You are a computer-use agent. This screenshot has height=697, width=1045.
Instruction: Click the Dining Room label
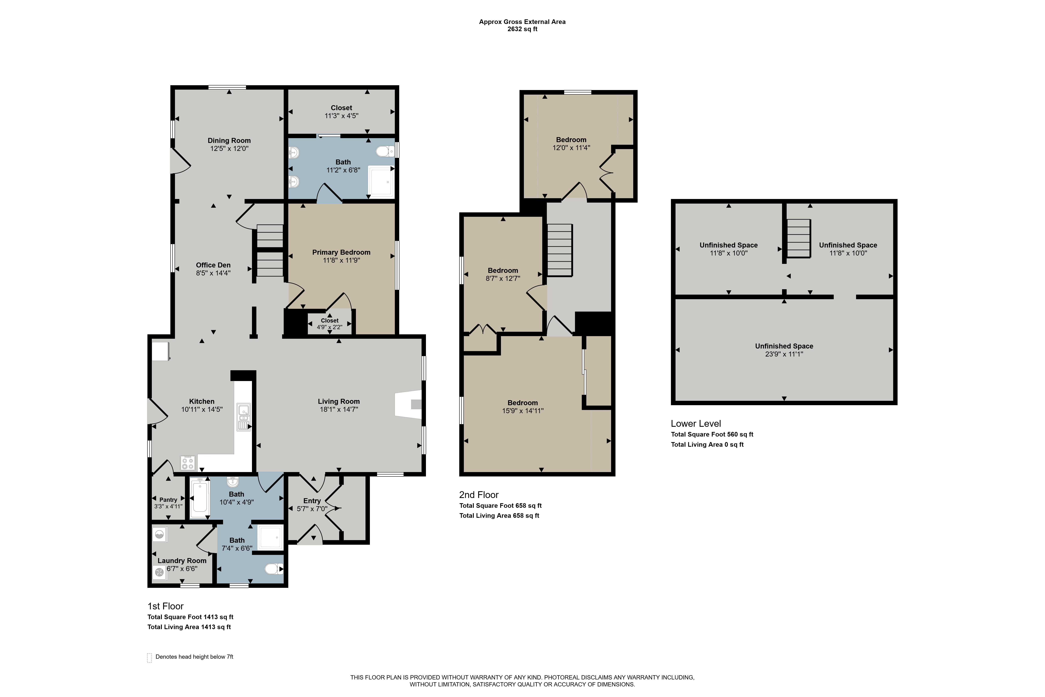point(229,141)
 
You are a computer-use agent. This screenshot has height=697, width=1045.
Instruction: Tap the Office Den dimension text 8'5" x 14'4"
point(213,273)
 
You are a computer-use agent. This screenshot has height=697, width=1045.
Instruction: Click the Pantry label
point(168,500)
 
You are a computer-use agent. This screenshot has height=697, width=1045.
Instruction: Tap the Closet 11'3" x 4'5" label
point(341,112)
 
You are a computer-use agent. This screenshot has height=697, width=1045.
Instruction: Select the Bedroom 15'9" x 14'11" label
point(523,407)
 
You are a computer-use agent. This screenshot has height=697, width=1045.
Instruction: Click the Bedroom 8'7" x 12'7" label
point(503,274)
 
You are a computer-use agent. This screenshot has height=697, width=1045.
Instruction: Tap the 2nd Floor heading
point(479,495)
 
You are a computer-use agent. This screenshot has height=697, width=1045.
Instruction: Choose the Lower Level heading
point(696,424)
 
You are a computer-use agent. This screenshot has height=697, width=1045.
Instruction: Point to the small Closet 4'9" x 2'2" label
point(330,324)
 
